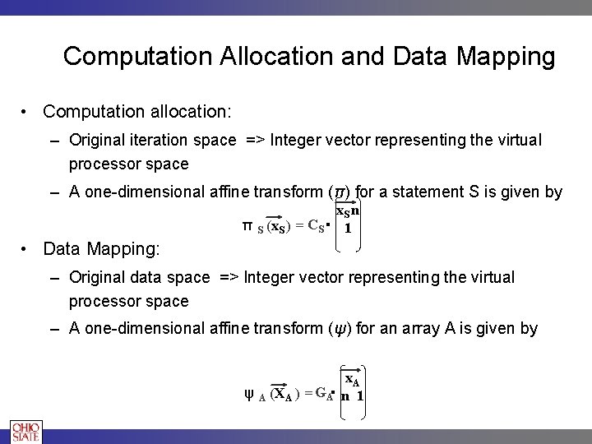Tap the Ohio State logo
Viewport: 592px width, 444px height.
(25, 432)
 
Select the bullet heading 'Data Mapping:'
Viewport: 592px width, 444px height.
(101, 247)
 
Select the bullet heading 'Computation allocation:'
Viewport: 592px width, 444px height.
(137, 110)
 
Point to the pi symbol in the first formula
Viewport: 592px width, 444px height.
(247, 225)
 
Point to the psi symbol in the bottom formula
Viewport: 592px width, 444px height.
(248, 394)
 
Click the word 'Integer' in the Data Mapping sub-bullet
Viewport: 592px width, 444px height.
(270, 278)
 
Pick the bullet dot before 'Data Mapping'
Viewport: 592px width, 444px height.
(27, 247)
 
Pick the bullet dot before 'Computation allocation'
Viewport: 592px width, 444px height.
(27, 110)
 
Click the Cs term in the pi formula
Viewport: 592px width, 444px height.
(316, 226)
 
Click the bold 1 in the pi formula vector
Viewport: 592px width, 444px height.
(349, 229)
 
